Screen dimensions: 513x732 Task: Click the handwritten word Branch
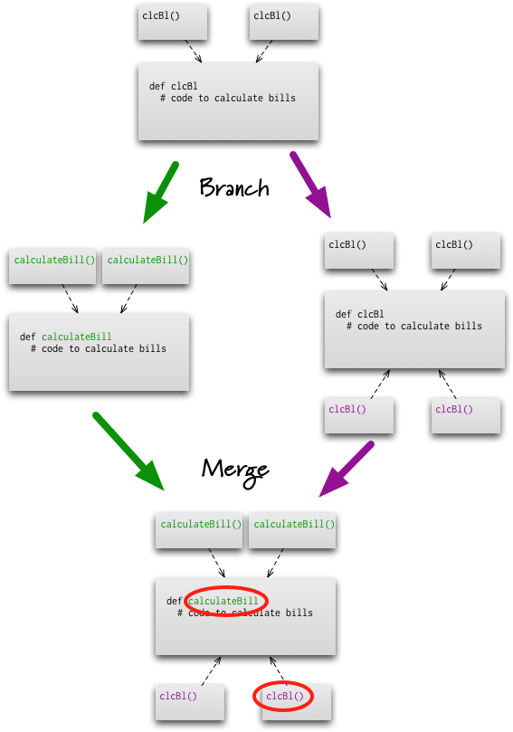(234, 187)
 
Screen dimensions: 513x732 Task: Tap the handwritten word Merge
(235, 471)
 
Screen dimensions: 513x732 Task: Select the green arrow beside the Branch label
(160, 192)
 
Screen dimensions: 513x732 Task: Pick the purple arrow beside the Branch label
(310, 185)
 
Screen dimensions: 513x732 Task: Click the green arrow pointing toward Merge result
(128, 451)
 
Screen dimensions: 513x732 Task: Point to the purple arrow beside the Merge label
(347, 469)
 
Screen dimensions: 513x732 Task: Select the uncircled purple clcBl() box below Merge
(190, 702)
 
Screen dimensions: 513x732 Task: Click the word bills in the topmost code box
(282, 98)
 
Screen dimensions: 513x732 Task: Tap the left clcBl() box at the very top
(173, 23)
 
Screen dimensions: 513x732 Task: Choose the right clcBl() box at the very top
(284, 23)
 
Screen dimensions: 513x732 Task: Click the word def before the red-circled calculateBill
(174, 601)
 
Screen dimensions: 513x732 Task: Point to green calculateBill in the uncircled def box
(77, 337)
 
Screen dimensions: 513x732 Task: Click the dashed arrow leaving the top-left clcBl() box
(194, 51)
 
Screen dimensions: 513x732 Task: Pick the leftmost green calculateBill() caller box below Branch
(52, 267)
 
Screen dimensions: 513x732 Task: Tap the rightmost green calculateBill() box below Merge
(292, 531)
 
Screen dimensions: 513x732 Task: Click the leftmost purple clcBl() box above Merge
(359, 415)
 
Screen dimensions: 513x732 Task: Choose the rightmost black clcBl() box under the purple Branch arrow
(466, 252)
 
